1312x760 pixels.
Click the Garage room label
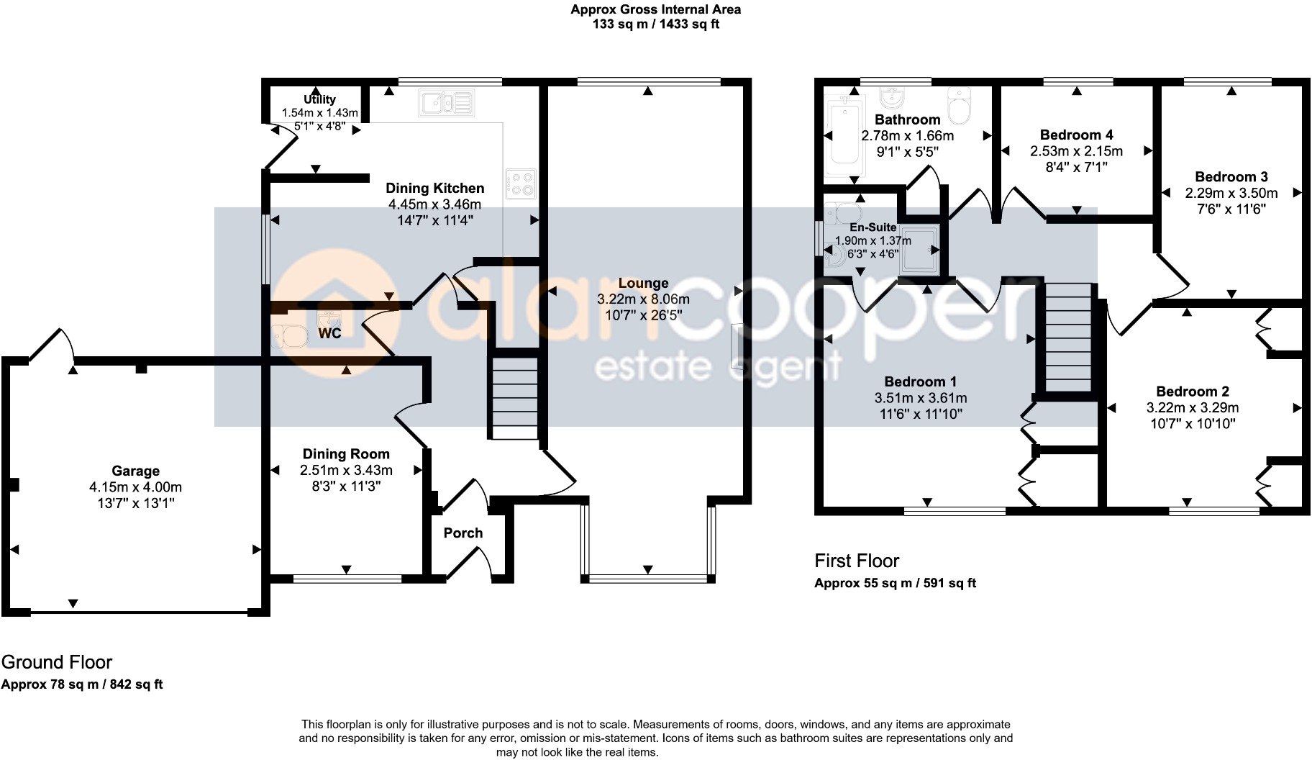pos(135,471)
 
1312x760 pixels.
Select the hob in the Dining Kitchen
pos(520,183)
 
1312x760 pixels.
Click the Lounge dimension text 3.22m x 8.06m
pos(643,299)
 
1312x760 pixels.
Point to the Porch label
pos(463,533)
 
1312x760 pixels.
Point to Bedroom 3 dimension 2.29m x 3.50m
pos(1231,193)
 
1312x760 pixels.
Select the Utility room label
pos(319,99)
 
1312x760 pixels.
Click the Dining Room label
pos(346,454)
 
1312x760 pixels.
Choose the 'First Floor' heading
pos(857,561)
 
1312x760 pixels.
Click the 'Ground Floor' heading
pos(57,662)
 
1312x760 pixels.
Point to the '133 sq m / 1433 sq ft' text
pos(655,24)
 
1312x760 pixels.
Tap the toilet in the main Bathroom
pos(959,108)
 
